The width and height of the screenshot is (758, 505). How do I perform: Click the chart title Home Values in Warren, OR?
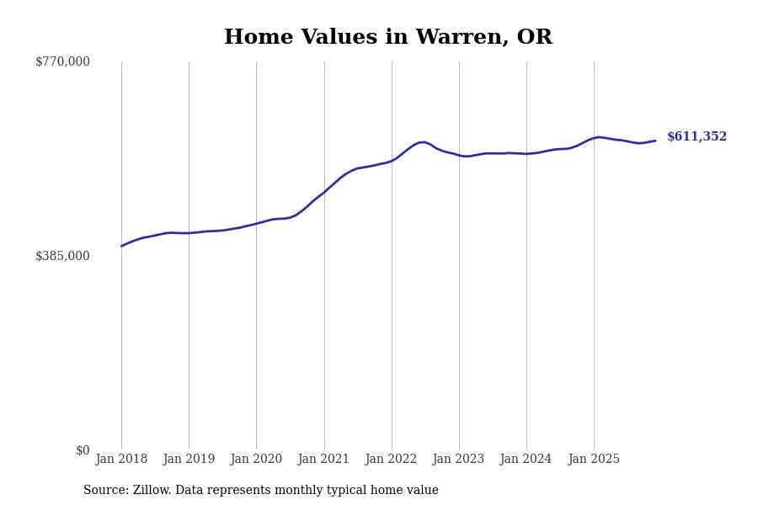(387, 38)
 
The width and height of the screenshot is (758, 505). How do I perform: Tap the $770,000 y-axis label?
(62, 61)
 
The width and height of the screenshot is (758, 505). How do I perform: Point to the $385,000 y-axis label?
(62, 256)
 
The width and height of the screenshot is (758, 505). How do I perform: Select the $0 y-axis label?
(83, 450)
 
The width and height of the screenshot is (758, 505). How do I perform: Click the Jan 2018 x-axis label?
(121, 460)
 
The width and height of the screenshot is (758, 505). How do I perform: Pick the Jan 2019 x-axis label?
(189, 460)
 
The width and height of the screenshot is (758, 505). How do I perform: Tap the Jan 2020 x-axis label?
(256, 460)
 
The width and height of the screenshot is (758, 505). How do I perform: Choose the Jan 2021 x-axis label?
(323, 460)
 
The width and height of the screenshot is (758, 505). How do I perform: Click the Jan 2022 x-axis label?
(391, 460)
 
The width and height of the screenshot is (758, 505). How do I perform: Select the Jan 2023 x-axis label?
(458, 460)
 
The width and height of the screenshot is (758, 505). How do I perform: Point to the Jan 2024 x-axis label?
(526, 460)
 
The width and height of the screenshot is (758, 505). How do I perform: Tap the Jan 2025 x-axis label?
(594, 460)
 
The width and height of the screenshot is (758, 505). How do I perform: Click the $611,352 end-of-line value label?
(697, 137)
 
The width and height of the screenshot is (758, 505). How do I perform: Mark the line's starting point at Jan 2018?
(121, 246)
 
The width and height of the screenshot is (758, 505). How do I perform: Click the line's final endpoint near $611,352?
(655, 141)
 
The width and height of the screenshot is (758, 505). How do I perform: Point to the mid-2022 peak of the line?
(422, 142)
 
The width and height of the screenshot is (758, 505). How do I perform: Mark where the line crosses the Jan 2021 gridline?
(324, 192)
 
